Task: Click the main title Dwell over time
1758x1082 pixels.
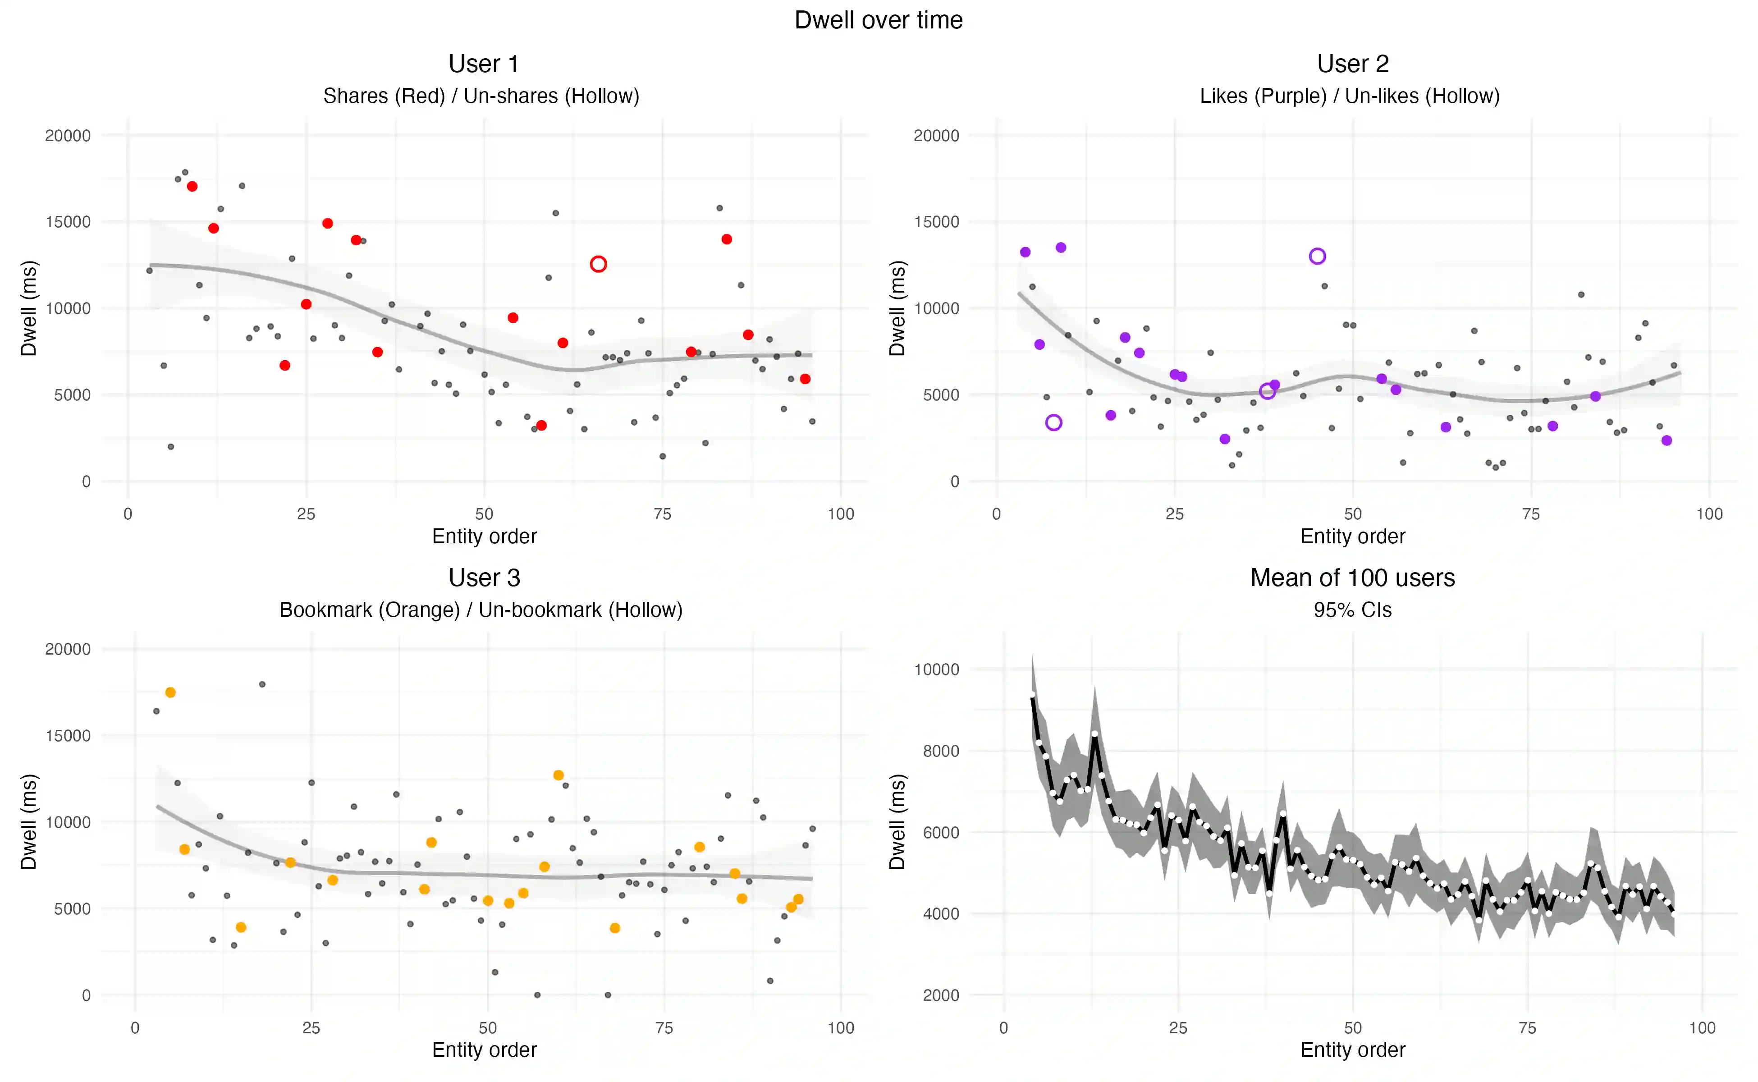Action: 878,20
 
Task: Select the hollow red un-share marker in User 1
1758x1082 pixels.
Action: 598,264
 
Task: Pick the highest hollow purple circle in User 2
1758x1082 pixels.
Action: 1317,256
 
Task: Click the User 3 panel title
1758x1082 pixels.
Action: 484,578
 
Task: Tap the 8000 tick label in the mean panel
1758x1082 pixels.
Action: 937,751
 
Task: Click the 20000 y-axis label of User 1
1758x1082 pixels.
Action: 68,135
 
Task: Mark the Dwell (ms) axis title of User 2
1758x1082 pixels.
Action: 897,308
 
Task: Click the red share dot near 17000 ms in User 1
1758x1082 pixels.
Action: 192,186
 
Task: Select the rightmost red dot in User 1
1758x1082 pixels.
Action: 805,379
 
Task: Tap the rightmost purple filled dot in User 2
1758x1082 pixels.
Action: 1666,440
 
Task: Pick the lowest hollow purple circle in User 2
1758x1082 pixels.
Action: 1053,422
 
